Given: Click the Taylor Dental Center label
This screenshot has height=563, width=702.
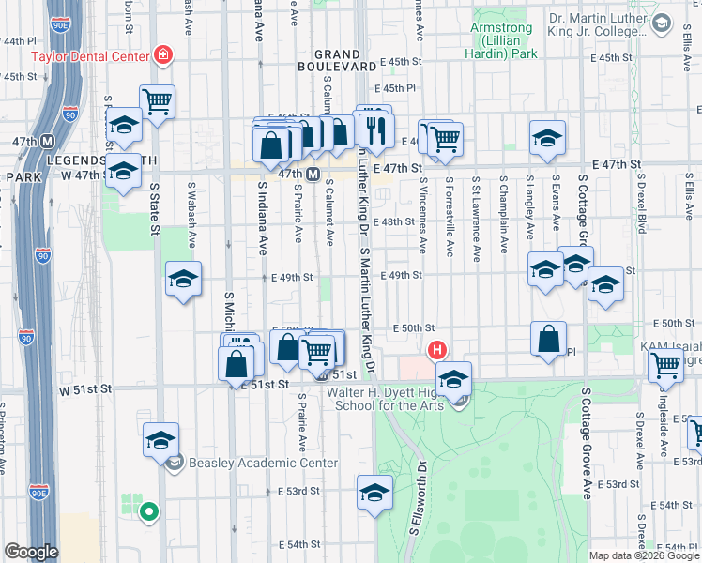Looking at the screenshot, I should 90,55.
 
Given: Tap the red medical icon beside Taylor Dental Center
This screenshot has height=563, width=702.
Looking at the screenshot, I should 164,55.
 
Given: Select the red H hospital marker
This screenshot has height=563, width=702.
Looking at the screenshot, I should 436,351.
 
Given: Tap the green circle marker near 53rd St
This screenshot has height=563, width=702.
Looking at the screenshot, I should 147,511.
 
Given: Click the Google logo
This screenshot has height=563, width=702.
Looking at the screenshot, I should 31,552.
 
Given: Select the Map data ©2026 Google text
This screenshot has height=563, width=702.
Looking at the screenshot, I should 643,555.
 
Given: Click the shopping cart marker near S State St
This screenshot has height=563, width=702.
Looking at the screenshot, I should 158,101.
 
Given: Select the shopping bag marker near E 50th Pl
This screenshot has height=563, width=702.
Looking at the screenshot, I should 549,340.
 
